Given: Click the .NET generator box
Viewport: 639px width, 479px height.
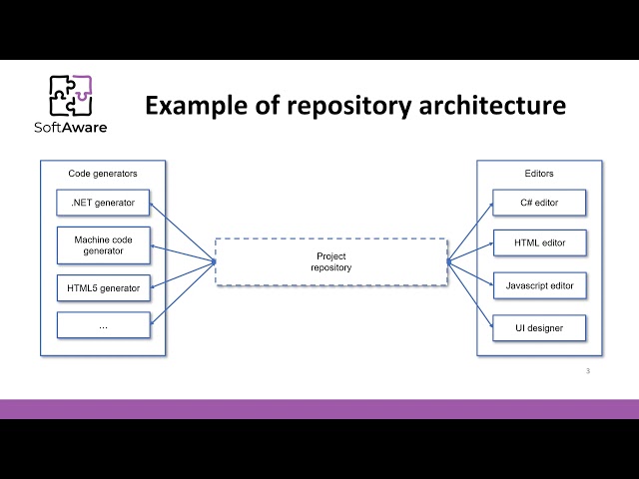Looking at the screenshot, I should pyautogui.click(x=103, y=204).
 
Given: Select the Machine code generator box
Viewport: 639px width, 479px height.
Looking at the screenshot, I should pyautogui.click(x=103, y=245).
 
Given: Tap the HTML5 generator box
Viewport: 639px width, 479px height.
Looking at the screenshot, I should pyautogui.click(x=103, y=288).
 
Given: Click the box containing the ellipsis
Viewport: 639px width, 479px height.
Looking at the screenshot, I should pyautogui.click(x=103, y=324).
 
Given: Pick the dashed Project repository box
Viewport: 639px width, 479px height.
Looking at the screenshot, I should pyautogui.click(x=330, y=261).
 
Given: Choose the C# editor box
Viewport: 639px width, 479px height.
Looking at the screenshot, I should pyautogui.click(x=539, y=204).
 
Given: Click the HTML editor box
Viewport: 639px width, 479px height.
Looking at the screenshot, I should pyautogui.click(x=539, y=242).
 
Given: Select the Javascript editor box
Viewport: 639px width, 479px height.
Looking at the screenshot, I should pyautogui.click(x=539, y=285).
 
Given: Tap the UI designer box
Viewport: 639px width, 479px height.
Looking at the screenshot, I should pyautogui.click(x=539, y=326).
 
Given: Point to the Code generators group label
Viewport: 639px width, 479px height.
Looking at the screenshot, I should pyautogui.click(x=103, y=174).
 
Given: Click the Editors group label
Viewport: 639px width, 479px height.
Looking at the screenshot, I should pyautogui.click(x=539, y=174).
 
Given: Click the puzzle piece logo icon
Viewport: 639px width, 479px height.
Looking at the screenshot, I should pyautogui.click(x=71, y=97).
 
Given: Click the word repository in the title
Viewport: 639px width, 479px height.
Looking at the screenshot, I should pyautogui.click(x=345, y=105).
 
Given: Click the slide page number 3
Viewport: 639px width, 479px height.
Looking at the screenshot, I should pyautogui.click(x=588, y=371).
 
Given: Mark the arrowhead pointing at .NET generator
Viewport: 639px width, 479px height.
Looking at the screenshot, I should pyautogui.click(x=152, y=208).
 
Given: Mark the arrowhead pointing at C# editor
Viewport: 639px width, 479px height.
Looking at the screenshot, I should pyautogui.click(x=490, y=208).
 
